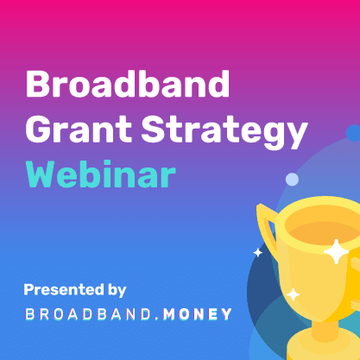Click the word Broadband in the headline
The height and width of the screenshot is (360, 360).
(x=128, y=84)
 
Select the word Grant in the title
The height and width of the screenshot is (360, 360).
(x=79, y=129)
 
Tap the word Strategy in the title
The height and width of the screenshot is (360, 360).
(x=224, y=132)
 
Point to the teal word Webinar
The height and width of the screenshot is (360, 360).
(x=101, y=174)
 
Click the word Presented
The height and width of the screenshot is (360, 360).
(x=64, y=289)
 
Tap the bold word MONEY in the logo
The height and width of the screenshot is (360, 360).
(x=198, y=314)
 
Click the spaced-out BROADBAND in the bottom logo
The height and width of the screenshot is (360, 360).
(x=88, y=314)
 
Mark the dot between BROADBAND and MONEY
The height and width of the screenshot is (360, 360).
(x=157, y=319)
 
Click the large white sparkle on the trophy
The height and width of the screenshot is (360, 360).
(x=336, y=252)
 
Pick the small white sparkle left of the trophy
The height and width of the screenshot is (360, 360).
(x=258, y=253)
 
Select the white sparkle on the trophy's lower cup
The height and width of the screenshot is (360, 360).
(x=294, y=294)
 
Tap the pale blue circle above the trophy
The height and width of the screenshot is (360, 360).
(x=292, y=180)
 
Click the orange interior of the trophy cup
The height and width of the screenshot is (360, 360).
(x=325, y=232)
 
